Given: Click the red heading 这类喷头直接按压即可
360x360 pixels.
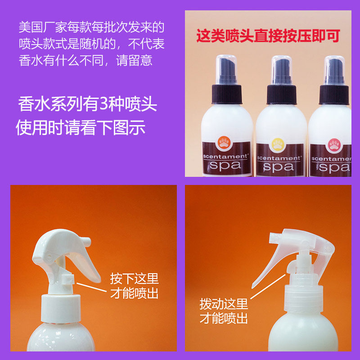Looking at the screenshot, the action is [268, 36].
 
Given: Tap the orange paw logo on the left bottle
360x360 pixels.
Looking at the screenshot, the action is [224, 143].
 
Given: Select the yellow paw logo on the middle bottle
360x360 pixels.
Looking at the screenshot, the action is [278, 145].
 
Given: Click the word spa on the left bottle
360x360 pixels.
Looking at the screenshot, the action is [225, 166].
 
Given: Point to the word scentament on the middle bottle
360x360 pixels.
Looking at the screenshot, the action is [279, 158].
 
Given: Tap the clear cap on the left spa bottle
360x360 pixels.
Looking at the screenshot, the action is [226, 69].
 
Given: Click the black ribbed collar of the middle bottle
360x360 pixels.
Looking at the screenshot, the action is [281, 94].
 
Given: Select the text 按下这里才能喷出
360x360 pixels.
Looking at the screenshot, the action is [134, 286].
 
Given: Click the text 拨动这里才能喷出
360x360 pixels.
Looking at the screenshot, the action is [224, 311].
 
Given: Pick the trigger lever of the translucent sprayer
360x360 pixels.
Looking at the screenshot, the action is [267, 266].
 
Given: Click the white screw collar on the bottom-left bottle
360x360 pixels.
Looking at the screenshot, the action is [61, 308].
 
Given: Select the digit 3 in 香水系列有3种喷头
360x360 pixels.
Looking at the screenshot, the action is [104, 104].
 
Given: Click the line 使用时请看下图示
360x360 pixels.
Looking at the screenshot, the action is [81, 127].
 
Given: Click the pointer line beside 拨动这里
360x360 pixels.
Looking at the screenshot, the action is [268, 287].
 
